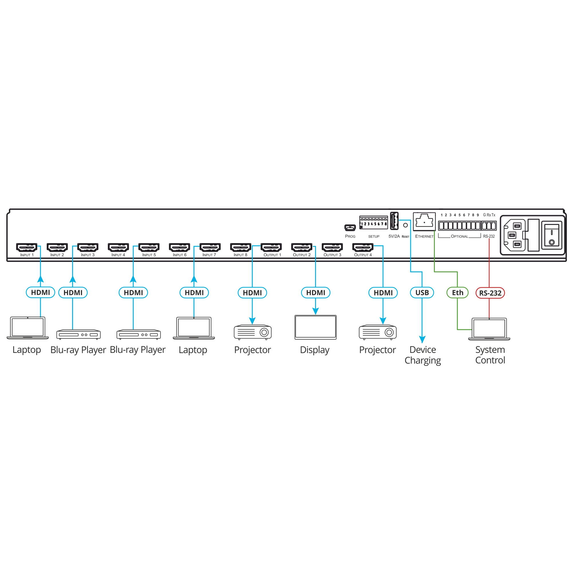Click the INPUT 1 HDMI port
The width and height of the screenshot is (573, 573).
(27, 247)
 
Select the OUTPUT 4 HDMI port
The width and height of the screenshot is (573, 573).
(363, 247)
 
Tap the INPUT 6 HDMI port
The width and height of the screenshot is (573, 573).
(179, 247)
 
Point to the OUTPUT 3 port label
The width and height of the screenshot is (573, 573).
(332, 255)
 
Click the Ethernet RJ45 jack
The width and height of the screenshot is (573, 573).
(424, 221)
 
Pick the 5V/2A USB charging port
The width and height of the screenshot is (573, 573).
(394, 221)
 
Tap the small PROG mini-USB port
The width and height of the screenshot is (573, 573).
(350, 228)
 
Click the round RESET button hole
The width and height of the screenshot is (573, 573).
(405, 225)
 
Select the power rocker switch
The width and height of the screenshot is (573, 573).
(552, 235)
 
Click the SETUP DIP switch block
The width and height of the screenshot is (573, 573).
(373, 222)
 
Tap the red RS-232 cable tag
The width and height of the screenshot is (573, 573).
(490, 293)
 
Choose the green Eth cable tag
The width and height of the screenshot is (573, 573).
(457, 293)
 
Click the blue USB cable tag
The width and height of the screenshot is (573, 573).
(422, 293)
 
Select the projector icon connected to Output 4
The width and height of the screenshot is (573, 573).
(378, 332)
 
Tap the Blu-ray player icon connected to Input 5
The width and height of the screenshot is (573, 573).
(138, 334)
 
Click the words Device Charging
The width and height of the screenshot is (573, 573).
(423, 355)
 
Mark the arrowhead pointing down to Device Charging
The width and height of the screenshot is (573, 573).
(422, 339)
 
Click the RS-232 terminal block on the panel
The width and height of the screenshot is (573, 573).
(489, 226)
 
